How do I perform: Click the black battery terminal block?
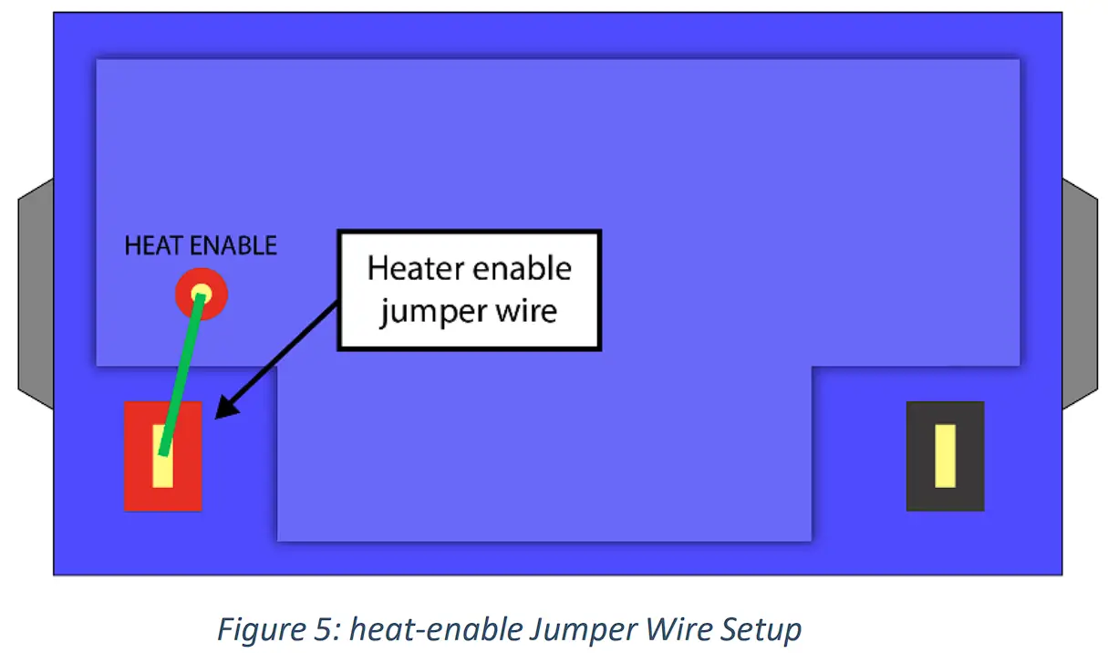click(921, 456)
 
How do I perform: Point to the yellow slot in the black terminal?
click(945, 455)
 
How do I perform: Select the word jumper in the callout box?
click(432, 312)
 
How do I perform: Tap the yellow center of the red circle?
click(201, 294)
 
